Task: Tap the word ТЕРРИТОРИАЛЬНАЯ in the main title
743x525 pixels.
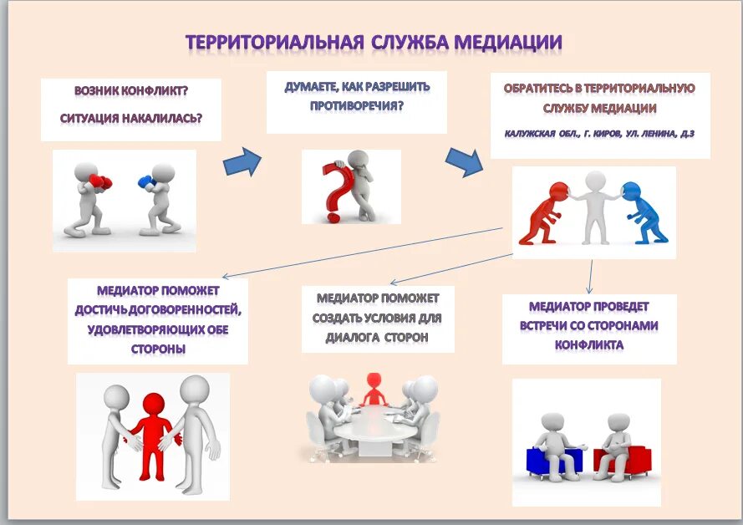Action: coord(273,42)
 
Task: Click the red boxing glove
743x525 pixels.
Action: coord(101,181)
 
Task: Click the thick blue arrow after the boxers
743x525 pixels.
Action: coord(243,161)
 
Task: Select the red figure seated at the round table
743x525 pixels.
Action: coord(372,386)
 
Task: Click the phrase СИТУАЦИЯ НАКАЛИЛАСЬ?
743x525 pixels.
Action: coord(130,117)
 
